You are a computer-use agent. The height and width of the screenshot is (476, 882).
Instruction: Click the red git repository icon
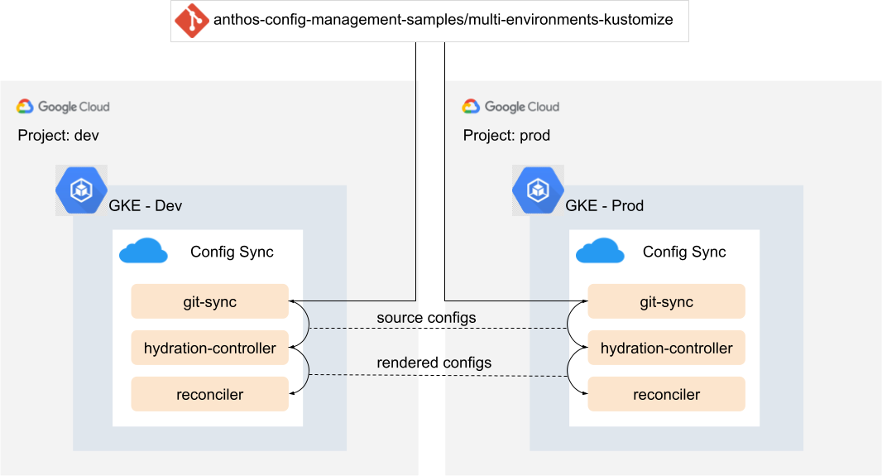tap(191, 21)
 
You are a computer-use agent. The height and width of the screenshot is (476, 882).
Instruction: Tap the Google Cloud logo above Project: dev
tap(63, 107)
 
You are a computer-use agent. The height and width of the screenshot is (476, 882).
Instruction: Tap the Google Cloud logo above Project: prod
tap(511, 107)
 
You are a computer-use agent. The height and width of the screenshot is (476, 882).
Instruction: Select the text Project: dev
tap(58, 135)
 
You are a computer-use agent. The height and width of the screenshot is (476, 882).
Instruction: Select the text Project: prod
tap(506, 135)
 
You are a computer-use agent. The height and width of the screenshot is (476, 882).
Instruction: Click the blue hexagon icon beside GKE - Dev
tap(81, 190)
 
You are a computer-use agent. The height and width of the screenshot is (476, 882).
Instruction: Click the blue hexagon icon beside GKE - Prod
tap(538, 190)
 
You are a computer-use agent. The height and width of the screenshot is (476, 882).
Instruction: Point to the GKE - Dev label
tap(146, 205)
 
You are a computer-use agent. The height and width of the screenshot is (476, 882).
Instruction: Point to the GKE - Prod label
tap(604, 205)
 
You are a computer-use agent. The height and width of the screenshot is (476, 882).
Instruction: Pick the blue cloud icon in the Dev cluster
tap(143, 252)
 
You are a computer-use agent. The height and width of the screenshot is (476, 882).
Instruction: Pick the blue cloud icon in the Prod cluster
tap(600, 252)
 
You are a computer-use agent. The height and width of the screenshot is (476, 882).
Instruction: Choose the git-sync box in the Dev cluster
tap(209, 302)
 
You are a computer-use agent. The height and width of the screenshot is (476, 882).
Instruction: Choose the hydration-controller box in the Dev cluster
tap(209, 349)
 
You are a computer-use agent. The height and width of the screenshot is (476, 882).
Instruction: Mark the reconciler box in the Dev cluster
tap(209, 395)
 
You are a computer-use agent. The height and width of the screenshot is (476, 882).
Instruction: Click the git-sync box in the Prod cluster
tap(666, 302)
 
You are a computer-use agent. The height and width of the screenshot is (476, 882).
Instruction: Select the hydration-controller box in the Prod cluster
tap(666, 349)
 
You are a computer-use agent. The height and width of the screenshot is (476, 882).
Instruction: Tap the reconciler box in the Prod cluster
tap(666, 395)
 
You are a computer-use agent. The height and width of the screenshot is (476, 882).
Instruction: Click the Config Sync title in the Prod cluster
tap(684, 252)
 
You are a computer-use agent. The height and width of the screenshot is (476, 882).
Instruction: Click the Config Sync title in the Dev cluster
tap(232, 252)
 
